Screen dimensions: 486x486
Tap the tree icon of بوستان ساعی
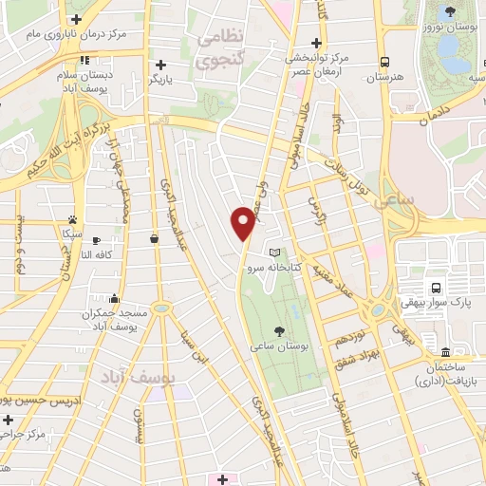pos(279,330)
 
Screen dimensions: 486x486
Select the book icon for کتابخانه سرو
pos(275,252)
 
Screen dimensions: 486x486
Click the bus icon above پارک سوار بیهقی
pos(436,288)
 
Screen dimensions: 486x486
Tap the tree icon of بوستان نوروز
pos(450,11)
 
